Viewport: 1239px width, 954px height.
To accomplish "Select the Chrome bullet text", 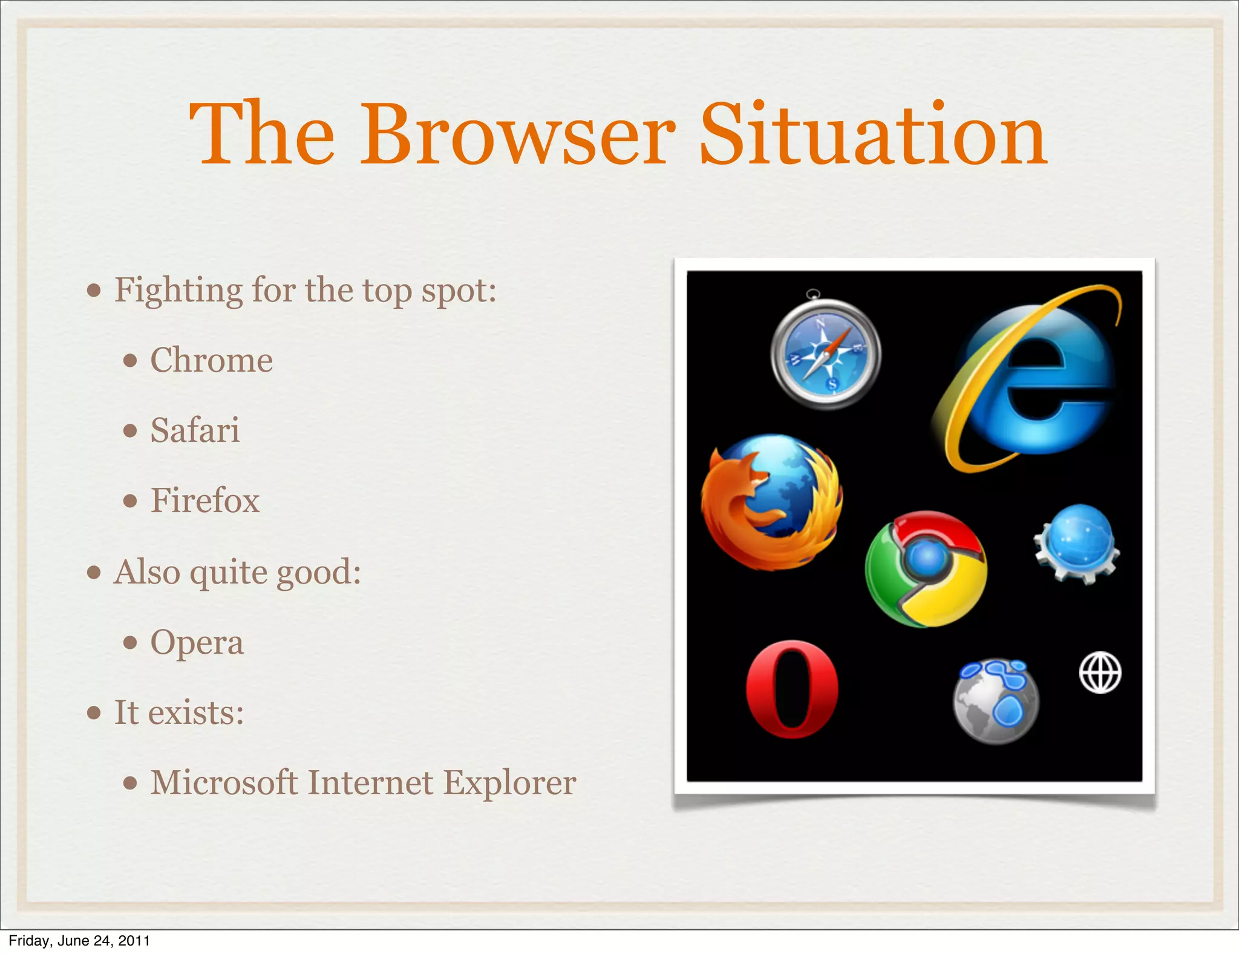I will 211,360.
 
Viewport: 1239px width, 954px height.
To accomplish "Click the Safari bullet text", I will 195,430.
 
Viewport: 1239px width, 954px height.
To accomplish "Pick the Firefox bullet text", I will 205,501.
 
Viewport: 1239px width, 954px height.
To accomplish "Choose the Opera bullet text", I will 197,642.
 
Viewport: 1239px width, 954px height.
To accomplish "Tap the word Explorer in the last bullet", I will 509,783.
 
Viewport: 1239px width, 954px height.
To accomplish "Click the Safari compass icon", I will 826,355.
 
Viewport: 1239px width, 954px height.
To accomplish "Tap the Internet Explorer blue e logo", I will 1036,381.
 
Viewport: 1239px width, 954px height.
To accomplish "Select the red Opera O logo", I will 792,689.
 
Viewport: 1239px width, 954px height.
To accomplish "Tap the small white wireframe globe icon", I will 1100,672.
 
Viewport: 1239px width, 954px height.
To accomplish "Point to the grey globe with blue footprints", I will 995,701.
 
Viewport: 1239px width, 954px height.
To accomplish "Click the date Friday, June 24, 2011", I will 79,940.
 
